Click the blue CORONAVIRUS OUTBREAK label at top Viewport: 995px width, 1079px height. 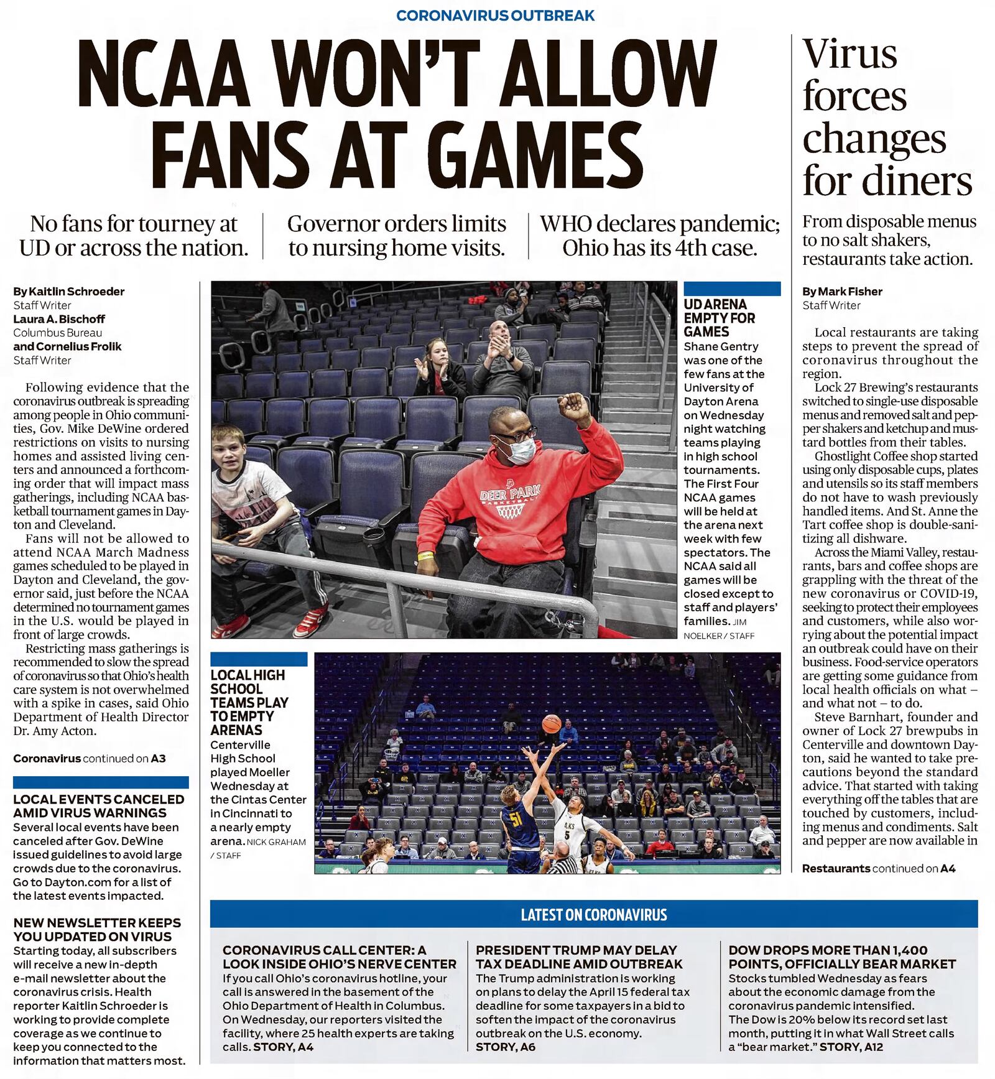tap(495, 16)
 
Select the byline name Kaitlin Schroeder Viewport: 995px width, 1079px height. tap(76, 291)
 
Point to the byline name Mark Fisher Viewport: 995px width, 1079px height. tap(850, 291)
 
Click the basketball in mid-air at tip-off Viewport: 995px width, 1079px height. tap(551, 724)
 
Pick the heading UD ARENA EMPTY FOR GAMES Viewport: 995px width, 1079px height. tap(720, 318)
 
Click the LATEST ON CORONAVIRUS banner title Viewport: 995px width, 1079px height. tap(593, 914)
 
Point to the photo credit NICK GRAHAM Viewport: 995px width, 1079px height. tap(276, 842)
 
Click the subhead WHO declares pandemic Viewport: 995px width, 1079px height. tap(659, 224)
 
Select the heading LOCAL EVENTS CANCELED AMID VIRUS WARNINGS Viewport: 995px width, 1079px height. tap(99, 806)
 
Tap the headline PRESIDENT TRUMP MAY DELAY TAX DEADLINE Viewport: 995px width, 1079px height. tap(579, 957)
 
